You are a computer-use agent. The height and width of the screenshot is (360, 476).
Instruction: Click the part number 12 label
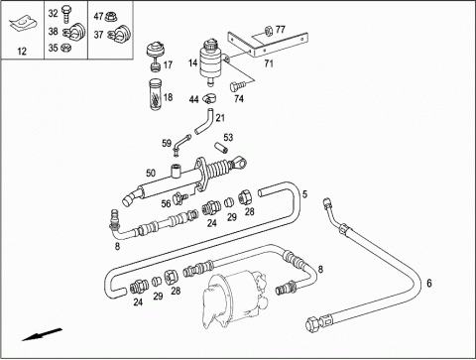click(x=22, y=52)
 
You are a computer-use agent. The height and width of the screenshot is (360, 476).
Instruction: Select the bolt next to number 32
click(x=66, y=14)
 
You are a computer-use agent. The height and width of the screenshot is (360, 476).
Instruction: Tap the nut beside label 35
click(x=66, y=48)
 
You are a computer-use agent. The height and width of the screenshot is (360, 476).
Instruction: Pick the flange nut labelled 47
click(x=111, y=17)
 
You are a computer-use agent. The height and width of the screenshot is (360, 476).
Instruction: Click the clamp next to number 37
click(x=119, y=33)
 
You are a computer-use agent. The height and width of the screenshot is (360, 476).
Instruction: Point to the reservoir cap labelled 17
click(x=155, y=55)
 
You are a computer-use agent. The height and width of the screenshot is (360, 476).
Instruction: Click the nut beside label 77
click(x=269, y=31)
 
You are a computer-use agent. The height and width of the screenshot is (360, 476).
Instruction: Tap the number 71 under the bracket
click(x=269, y=63)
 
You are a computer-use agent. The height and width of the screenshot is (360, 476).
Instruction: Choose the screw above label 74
click(x=236, y=86)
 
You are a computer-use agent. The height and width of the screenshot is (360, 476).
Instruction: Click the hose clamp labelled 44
click(x=209, y=98)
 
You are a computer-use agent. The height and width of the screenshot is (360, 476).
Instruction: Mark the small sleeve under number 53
click(x=220, y=147)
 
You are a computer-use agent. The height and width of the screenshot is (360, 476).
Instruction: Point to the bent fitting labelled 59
click(x=181, y=144)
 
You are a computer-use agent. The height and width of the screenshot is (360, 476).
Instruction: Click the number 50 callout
click(x=151, y=173)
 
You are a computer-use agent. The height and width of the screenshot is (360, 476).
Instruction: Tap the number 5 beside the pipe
click(x=304, y=194)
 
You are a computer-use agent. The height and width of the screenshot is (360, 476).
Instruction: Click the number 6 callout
click(x=429, y=283)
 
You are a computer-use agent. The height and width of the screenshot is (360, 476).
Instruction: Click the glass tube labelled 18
click(x=155, y=95)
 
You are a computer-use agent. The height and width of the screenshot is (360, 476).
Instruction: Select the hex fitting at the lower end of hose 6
click(x=313, y=323)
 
